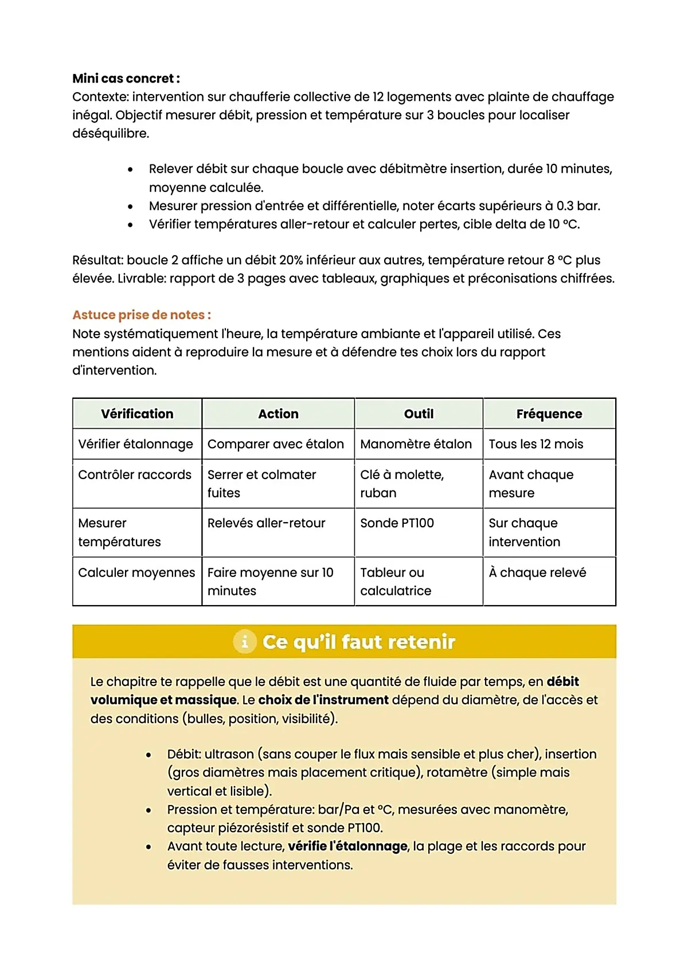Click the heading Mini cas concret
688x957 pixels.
[x=126, y=79]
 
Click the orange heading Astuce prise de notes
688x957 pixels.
[x=141, y=315]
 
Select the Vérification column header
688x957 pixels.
[x=137, y=414]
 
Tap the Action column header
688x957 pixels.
[x=278, y=414]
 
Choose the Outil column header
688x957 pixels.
[x=419, y=414]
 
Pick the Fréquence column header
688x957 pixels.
[x=549, y=414]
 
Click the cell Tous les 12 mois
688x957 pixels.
[x=535, y=444]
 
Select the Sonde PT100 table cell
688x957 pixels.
[x=397, y=523]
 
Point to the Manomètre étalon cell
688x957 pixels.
[x=416, y=444]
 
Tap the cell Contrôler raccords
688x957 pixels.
[x=135, y=475]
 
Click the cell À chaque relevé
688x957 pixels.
[x=537, y=572]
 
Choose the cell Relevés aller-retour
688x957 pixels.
[x=266, y=523]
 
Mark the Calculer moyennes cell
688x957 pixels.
[x=136, y=572]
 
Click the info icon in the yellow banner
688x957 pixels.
[x=244, y=641]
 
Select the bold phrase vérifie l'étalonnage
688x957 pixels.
[x=347, y=846]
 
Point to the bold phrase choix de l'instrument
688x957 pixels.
[x=323, y=700]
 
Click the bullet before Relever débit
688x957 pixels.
[x=131, y=170]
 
